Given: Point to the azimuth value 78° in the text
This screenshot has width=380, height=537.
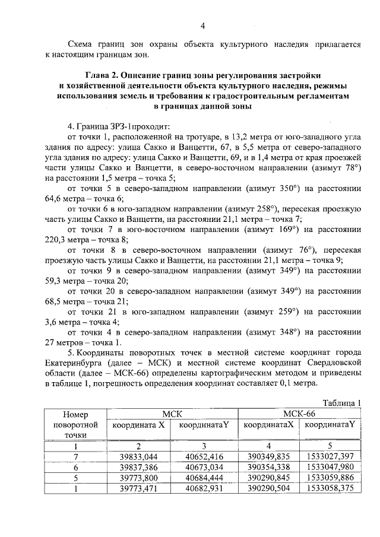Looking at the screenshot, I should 351,168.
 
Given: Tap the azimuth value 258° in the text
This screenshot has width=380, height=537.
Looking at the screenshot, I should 262,209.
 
